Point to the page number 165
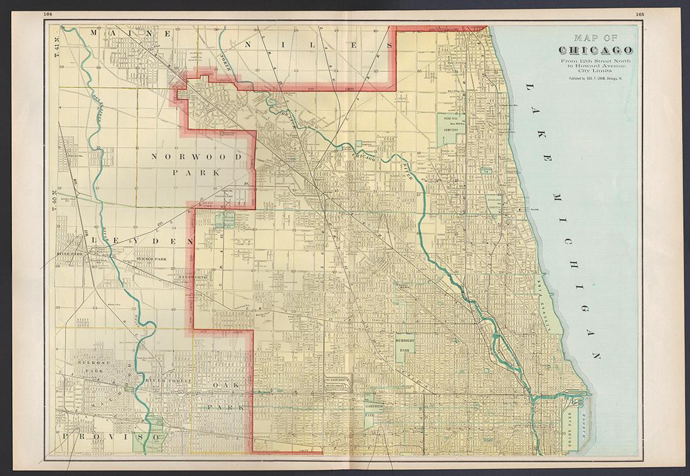639,14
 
